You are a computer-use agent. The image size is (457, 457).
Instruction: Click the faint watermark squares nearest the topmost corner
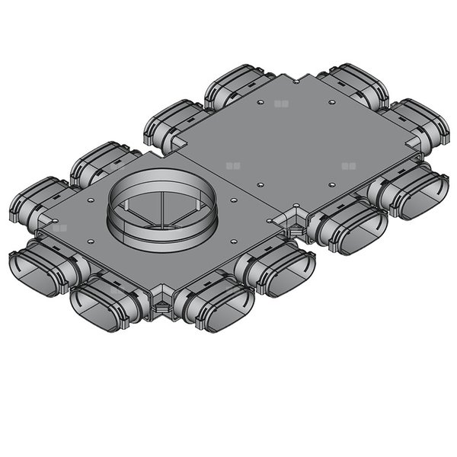[x=283, y=103]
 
